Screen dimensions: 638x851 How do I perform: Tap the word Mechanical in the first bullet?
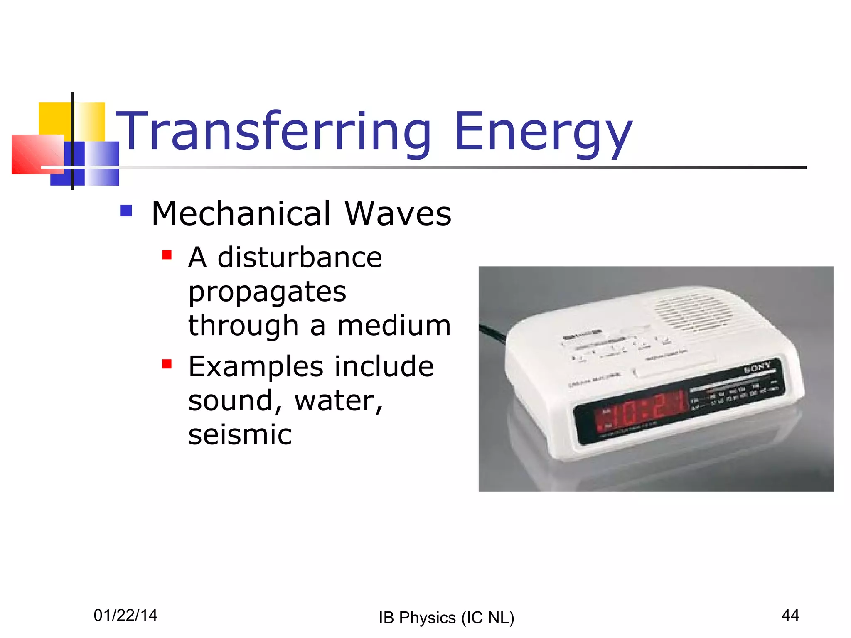pyautogui.click(x=241, y=213)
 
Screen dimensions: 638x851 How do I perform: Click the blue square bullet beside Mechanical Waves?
pyautogui.click(x=126, y=211)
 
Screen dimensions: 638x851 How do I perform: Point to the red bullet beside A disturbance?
pyautogui.click(x=167, y=255)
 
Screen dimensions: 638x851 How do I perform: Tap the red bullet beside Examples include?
pyautogui.click(x=167, y=364)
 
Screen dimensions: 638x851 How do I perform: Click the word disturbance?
pyautogui.click(x=300, y=258)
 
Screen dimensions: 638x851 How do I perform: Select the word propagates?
pyautogui.click(x=267, y=292)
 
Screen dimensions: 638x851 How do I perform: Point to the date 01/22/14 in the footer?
pyautogui.click(x=125, y=615)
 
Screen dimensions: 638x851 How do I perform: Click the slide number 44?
pyautogui.click(x=790, y=615)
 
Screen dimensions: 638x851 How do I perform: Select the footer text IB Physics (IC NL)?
pyautogui.click(x=446, y=618)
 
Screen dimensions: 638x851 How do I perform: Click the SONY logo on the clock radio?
pyautogui.click(x=757, y=367)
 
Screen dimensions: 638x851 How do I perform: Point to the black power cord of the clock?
pyautogui.click(x=492, y=332)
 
